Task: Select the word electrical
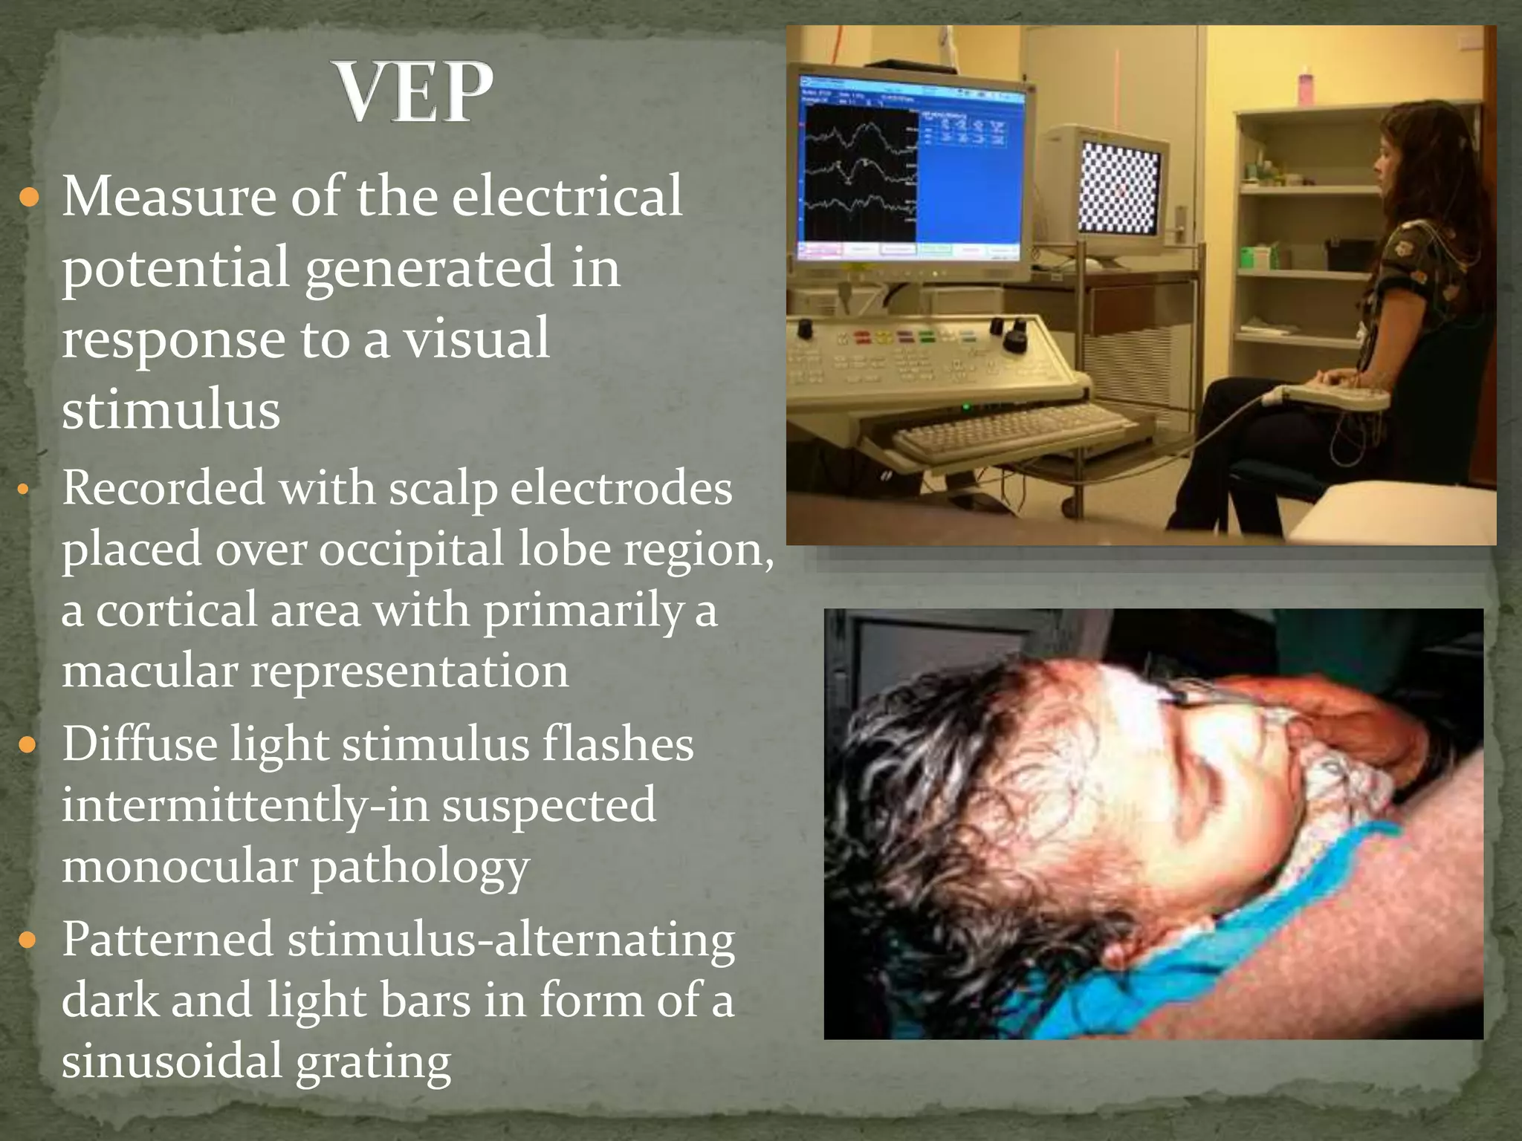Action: [x=566, y=197]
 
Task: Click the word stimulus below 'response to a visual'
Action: [x=171, y=410]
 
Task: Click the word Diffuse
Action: [x=138, y=744]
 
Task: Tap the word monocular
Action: [x=178, y=867]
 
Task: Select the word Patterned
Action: [x=168, y=939]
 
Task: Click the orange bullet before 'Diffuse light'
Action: [x=27, y=745]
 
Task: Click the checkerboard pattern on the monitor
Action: [x=1118, y=187]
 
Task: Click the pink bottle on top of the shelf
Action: [x=1306, y=88]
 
